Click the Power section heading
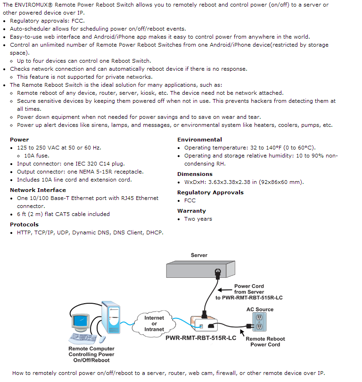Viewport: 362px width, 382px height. click(19, 140)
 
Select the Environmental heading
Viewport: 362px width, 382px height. click(199, 140)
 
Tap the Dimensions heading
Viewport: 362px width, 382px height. click(195, 174)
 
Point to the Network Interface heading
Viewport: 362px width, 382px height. click(38, 190)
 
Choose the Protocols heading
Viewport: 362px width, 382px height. click(24, 224)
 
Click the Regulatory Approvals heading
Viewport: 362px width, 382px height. click(210, 192)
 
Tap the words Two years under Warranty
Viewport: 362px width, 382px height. click(198, 219)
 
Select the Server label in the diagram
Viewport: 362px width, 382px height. click(199, 255)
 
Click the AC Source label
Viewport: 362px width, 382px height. click(260, 309)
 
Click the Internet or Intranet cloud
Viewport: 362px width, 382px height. click(154, 324)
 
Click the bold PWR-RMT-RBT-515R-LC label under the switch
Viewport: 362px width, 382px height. click(200, 338)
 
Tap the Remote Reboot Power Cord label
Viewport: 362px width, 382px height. click(265, 341)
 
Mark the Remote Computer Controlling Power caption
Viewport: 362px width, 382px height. click(91, 354)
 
